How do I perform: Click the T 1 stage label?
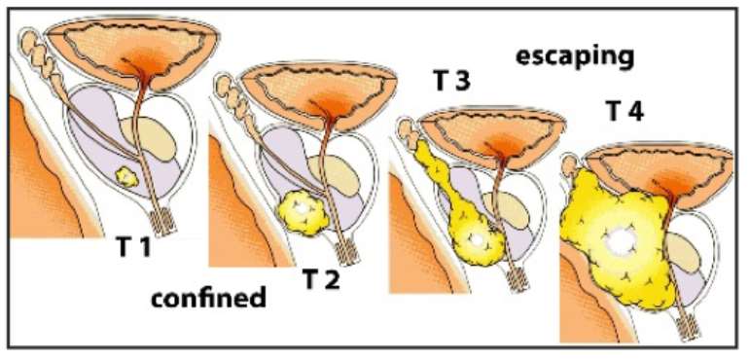(x=133, y=247)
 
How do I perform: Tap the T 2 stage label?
(x=321, y=279)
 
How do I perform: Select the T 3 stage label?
(x=451, y=81)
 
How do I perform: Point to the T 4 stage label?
(x=624, y=112)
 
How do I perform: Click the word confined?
(x=208, y=299)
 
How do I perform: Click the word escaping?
(x=575, y=57)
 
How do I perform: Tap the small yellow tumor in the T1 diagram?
(x=127, y=177)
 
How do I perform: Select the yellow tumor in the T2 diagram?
(x=303, y=211)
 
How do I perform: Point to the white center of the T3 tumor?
(x=476, y=238)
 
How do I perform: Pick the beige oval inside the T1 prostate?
(x=149, y=138)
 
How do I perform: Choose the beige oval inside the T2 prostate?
(x=334, y=175)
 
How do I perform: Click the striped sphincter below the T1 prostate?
(x=162, y=221)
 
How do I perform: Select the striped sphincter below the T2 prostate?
(x=347, y=250)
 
